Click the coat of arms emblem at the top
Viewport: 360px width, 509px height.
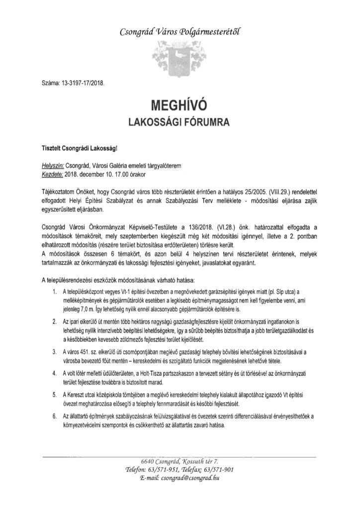180,53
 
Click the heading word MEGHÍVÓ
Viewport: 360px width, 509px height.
180,106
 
